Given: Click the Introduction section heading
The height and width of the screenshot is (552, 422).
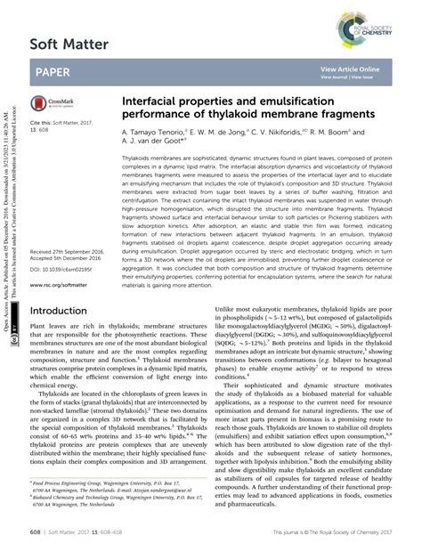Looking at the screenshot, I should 63,311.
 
